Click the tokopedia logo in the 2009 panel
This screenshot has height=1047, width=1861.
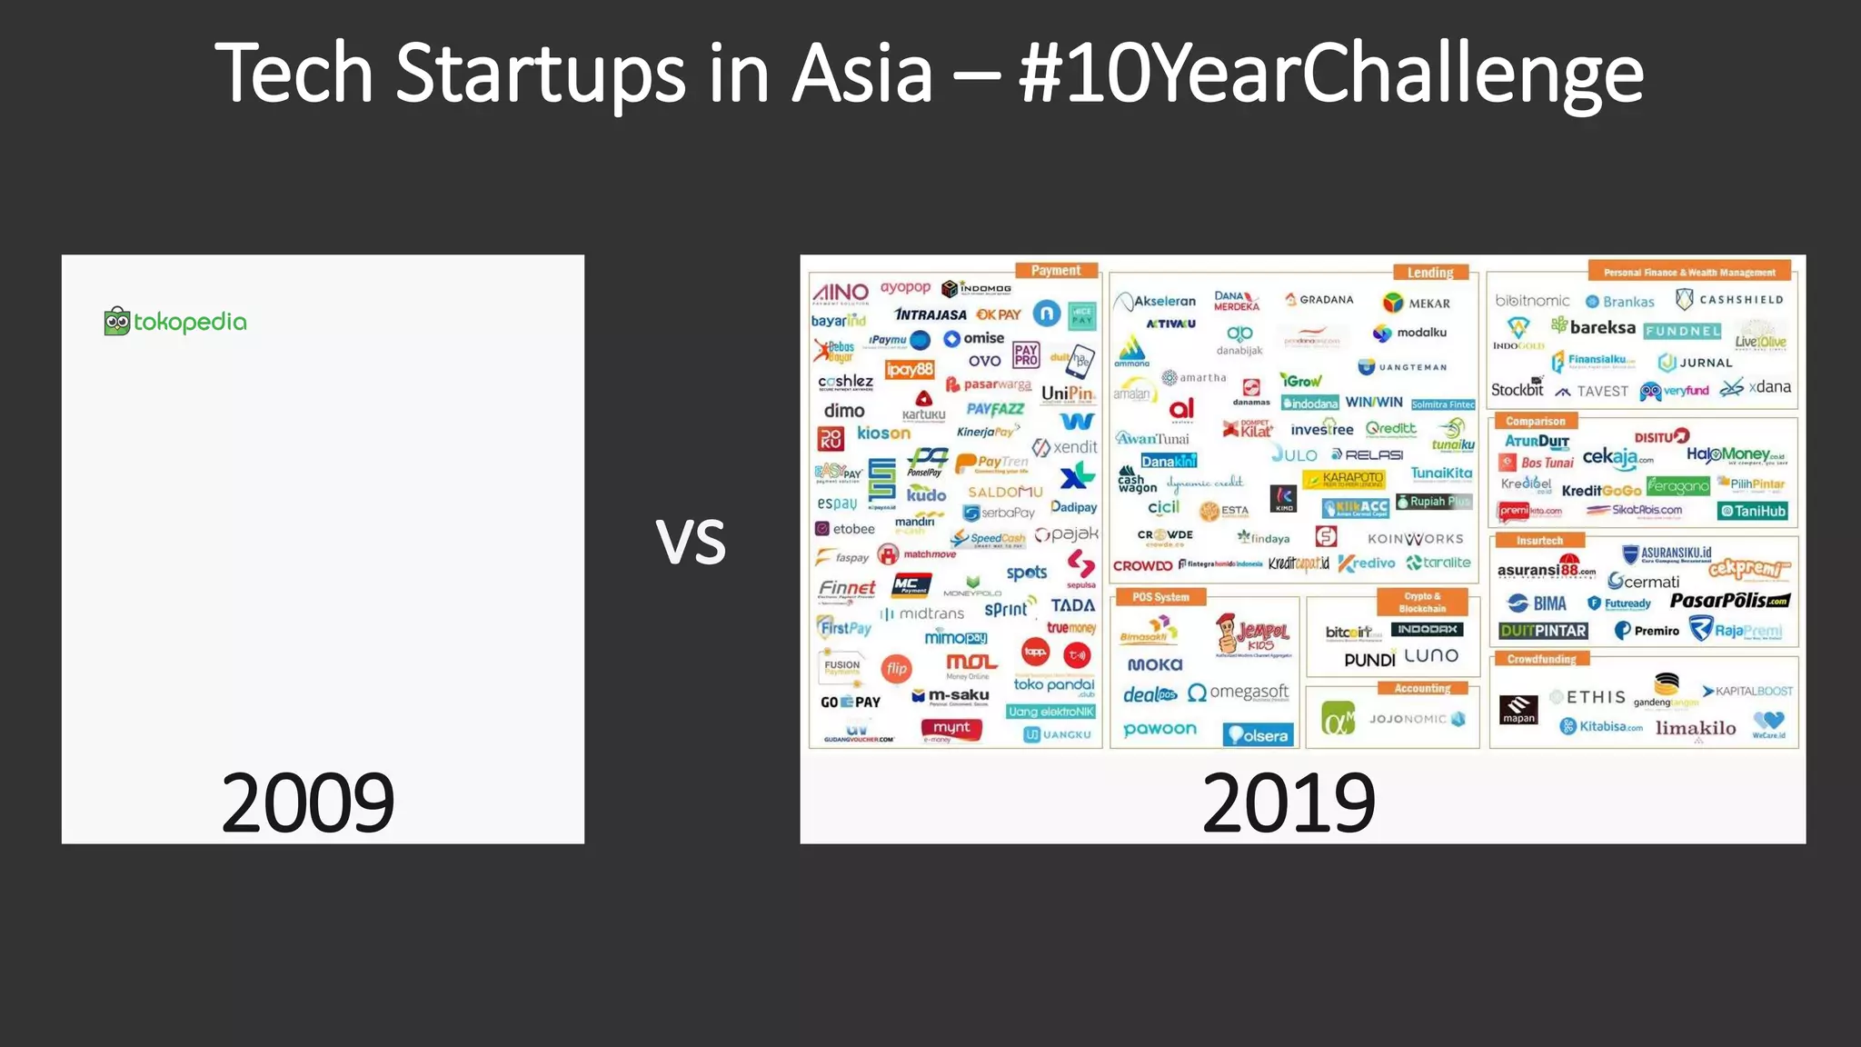point(175,322)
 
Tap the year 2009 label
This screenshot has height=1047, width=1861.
point(307,803)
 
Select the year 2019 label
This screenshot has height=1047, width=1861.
point(1288,803)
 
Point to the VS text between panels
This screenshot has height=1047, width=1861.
point(691,543)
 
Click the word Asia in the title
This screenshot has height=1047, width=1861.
point(862,73)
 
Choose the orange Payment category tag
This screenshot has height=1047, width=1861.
point(1055,271)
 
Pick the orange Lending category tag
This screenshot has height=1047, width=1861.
point(1429,273)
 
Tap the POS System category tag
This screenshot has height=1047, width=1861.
point(1160,597)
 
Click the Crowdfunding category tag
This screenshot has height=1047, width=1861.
point(1541,659)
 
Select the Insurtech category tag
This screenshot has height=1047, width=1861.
point(1539,541)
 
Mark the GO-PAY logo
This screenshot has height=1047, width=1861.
point(851,702)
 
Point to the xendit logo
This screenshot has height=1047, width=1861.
point(1065,447)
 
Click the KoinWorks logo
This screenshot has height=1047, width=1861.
point(1415,539)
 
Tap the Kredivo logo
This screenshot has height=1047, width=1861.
point(1367,563)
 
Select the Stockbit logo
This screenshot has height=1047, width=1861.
point(1518,389)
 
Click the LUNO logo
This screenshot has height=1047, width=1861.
point(1431,656)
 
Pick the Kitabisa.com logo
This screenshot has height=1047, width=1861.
point(1601,726)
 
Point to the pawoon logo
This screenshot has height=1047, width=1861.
point(1159,729)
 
